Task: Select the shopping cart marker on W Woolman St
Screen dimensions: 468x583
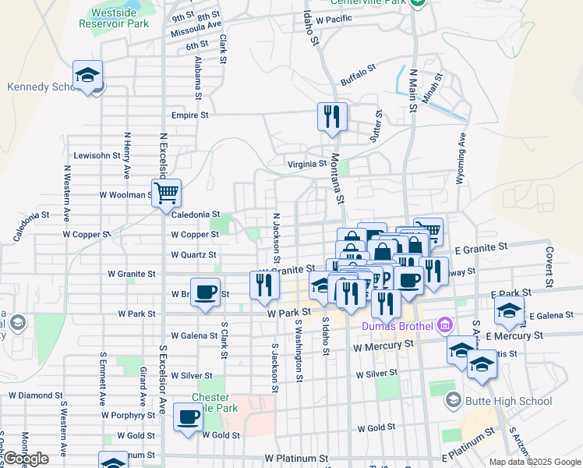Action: point(166,192)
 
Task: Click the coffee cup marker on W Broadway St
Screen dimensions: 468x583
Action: point(205,292)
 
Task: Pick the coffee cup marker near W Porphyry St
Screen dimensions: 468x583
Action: point(188,417)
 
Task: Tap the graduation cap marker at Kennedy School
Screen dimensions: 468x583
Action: point(88,76)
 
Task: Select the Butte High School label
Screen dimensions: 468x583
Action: point(509,402)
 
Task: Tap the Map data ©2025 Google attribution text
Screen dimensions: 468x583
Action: point(535,462)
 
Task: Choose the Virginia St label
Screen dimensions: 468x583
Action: point(307,164)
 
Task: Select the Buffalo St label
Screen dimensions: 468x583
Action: point(359,75)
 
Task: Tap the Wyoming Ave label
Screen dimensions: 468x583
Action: point(461,157)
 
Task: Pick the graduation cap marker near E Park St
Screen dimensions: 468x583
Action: point(510,311)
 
